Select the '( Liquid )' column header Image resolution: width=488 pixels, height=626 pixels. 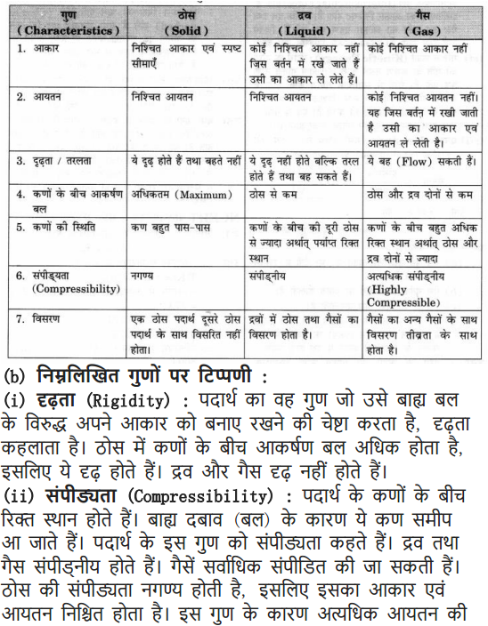click(x=306, y=30)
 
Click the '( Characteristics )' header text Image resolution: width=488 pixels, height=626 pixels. click(x=67, y=30)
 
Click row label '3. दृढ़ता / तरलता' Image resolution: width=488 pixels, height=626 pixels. click(x=61, y=162)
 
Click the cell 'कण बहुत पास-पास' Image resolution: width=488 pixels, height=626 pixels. click(x=171, y=227)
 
